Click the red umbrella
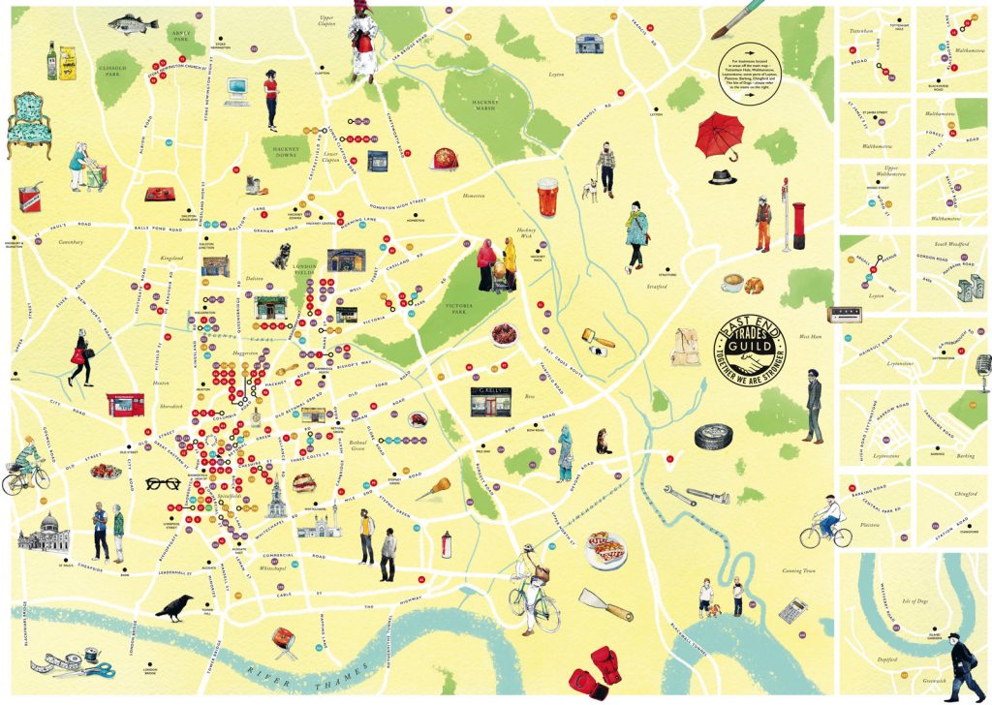click(718, 134)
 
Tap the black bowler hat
click(721, 177)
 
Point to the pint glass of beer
click(549, 198)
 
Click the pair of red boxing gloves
click(593, 666)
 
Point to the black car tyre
click(713, 436)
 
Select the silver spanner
click(696, 496)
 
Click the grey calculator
click(792, 610)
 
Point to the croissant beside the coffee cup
click(753, 284)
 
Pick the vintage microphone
click(982, 366)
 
